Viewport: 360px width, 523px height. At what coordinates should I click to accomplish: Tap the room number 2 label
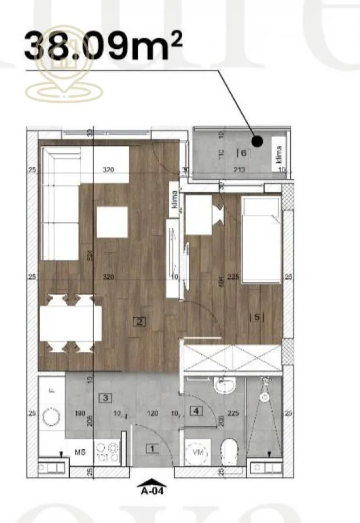pyautogui.click(x=138, y=321)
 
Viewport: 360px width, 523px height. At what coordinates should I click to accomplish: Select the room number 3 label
pyautogui.click(x=106, y=398)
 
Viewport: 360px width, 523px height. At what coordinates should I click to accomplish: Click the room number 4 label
pyautogui.click(x=198, y=411)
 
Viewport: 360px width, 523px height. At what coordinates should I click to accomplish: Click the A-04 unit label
pyautogui.click(x=152, y=490)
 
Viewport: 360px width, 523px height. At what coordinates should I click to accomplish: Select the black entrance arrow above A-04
pyautogui.click(x=152, y=481)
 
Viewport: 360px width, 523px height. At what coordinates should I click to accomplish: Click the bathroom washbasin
pyautogui.click(x=222, y=385)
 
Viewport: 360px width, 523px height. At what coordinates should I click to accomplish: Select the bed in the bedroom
pyautogui.click(x=261, y=239)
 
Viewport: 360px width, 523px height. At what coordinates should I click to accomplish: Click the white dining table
pyautogui.click(x=71, y=323)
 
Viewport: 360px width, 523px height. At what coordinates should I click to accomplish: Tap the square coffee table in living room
pyautogui.click(x=112, y=222)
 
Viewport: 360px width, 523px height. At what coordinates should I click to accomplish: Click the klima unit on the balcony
pyautogui.click(x=279, y=155)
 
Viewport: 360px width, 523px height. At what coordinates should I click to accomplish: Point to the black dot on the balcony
pyautogui.click(x=258, y=141)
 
